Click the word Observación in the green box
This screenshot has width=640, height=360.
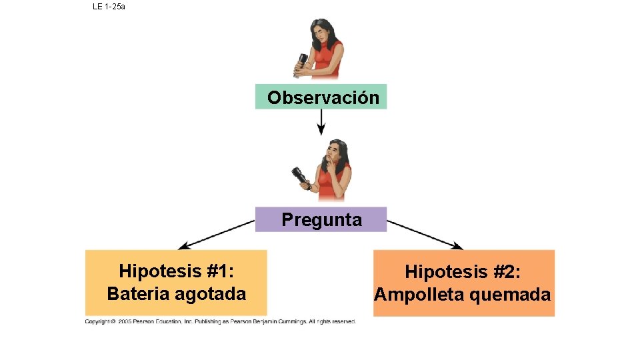[323, 98]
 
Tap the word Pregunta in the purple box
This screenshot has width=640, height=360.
[321, 219]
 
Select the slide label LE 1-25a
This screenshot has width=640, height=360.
[109, 7]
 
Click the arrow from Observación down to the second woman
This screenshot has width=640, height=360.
[321, 121]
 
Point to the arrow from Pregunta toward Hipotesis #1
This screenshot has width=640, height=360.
[217, 234]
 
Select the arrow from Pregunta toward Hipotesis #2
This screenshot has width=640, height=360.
[425, 234]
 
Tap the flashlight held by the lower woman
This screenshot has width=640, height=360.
[301, 177]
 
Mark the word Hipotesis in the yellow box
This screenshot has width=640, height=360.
[159, 271]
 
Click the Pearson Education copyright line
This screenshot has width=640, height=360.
[221, 321]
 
